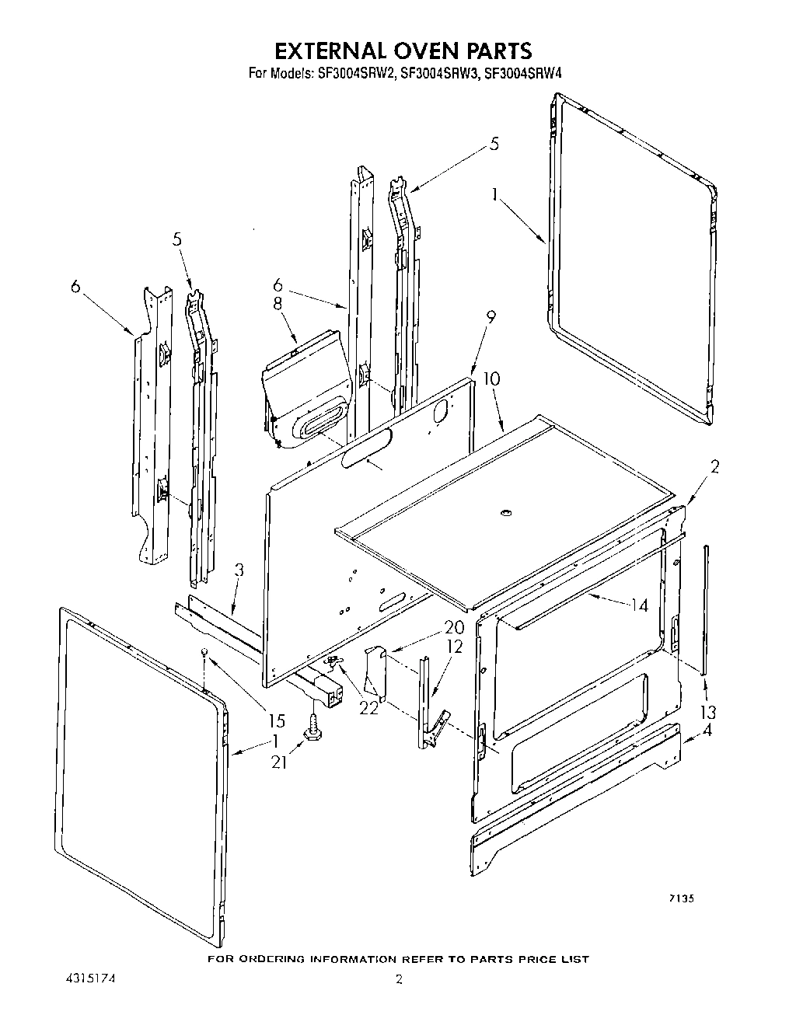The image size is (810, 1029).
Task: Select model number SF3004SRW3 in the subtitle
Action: coord(438,75)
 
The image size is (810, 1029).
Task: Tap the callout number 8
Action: coord(278,305)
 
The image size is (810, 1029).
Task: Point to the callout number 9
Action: coord(491,317)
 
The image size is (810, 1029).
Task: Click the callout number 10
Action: coord(491,379)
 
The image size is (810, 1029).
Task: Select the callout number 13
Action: coord(708,712)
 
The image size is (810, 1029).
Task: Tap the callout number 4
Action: coord(707,730)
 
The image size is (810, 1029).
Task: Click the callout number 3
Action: coord(239,570)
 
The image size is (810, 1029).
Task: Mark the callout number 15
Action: coord(277,720)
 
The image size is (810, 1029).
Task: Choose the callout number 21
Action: coord(279,762)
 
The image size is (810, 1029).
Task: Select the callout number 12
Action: coord(455,646)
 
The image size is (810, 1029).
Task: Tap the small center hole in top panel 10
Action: coord(506,512)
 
